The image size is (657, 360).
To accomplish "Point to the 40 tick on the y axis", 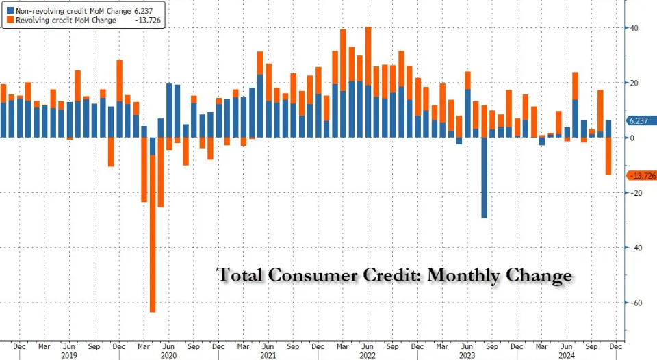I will (x=634, y=28).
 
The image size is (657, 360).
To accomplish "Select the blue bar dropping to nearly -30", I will (x=484, y=177).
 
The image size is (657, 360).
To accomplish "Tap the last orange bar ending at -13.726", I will (x=608, y=156).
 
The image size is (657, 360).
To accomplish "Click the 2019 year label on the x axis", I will (x=68, y=356).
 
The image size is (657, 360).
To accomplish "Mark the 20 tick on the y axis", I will (x=634, y=83).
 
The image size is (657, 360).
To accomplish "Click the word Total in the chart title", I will (x=240, y=275).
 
